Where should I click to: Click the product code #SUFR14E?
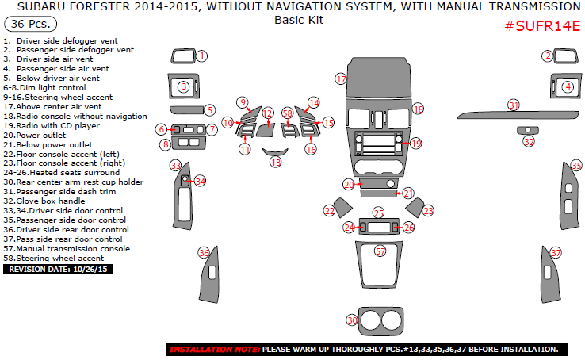tap(543, 26)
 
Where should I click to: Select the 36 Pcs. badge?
tap(29, 24)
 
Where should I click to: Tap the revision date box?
tap(59, 270)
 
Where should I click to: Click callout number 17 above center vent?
tap(341, 79)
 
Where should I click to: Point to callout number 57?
tap(380, 251)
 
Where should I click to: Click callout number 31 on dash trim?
tap(514, 105)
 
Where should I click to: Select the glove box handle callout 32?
tap(529, 141)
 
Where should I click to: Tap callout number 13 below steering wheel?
tap(275, 162)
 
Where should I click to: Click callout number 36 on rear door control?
tap(204, 253)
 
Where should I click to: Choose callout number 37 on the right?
tap(556, 253)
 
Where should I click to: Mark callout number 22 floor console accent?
tap(330, 210)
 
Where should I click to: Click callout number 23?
tap(428, 211)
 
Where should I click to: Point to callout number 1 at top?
tap(201, 56)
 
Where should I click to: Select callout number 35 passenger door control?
tap(576, 166)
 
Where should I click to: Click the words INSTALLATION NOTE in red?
tap(214, 349)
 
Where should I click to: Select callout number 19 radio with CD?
tap(416, 144)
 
